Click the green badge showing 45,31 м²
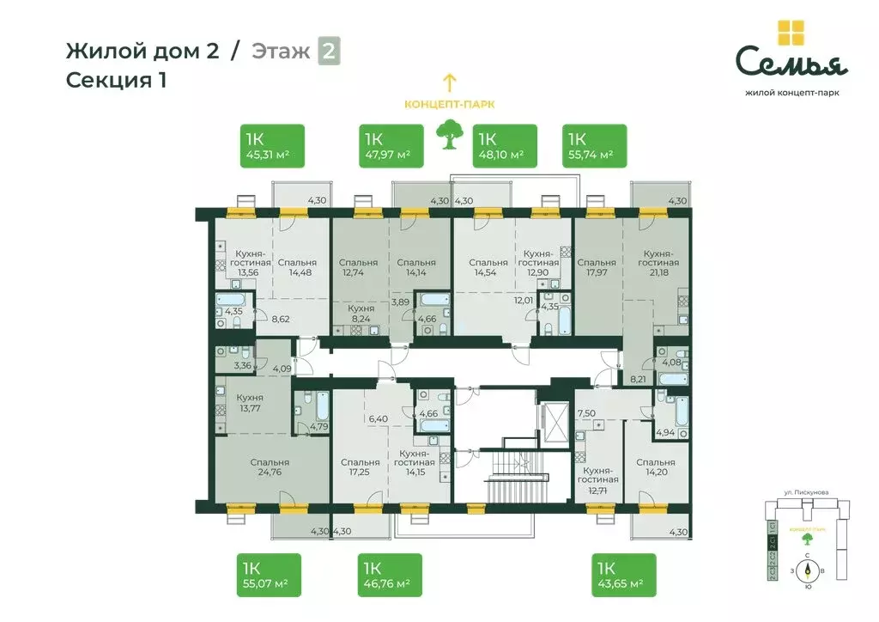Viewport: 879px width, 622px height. (x=270, y=146)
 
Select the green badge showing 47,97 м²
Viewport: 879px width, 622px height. (x=391, y=146)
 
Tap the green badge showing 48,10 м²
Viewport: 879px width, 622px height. (x=506, y=146)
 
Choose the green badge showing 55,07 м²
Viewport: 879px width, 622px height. (x=269, y=575)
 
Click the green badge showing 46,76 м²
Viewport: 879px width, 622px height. (x=391, y=575)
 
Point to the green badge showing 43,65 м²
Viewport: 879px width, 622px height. (x=624, y=575)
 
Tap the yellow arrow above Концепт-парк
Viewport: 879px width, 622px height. (x=448, y=82)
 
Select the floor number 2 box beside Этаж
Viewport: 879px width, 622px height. (x=329, y=52)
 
